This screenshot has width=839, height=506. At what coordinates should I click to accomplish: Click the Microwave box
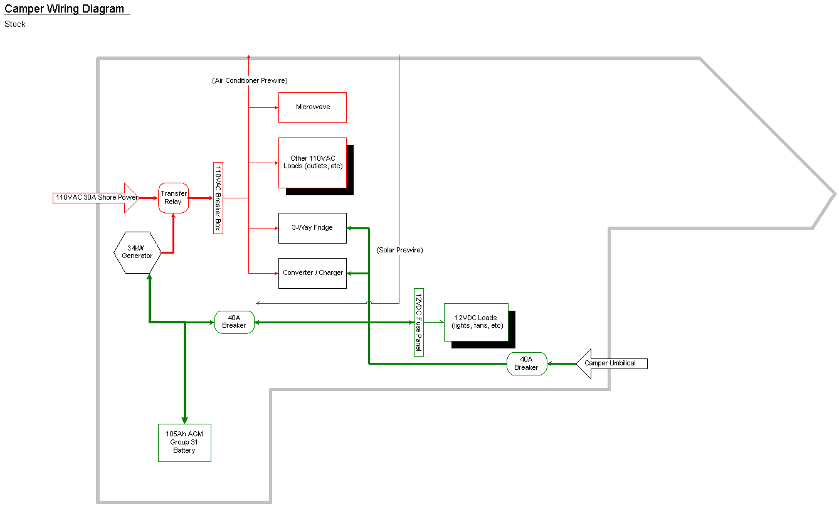[312, 107]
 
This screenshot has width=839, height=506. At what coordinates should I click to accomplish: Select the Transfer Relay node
[173, 198]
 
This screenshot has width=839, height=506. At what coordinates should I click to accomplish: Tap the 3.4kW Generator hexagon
[137, 252]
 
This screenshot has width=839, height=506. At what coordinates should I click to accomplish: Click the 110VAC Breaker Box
[218, 198]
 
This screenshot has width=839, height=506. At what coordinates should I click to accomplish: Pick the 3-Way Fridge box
[312, 228]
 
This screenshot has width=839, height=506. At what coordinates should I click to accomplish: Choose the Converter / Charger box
[312, 273]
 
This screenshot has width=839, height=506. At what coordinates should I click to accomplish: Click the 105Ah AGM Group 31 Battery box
[184, 443]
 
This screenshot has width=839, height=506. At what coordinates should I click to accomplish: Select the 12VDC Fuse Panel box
[419, 322]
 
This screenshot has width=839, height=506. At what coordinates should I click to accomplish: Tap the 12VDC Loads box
[476, 322]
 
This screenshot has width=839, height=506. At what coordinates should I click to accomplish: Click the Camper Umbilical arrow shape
[611, 363]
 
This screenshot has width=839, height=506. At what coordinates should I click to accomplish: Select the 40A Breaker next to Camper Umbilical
[527, 363]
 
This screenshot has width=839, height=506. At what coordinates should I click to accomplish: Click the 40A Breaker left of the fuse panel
[234, 322]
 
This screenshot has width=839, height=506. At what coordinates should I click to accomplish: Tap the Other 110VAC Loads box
[312, 163]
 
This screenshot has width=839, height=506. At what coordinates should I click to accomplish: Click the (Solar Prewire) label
[399, 250]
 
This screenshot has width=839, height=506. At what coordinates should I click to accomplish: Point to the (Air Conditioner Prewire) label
[250, 80]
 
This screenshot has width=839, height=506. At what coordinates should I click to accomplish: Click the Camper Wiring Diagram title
[65, 9]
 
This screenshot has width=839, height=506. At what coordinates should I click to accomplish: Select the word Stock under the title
[15, 24]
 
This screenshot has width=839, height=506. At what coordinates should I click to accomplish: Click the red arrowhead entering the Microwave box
[275, 107]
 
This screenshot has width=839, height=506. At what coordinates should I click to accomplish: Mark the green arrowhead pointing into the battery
[184, 420]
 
